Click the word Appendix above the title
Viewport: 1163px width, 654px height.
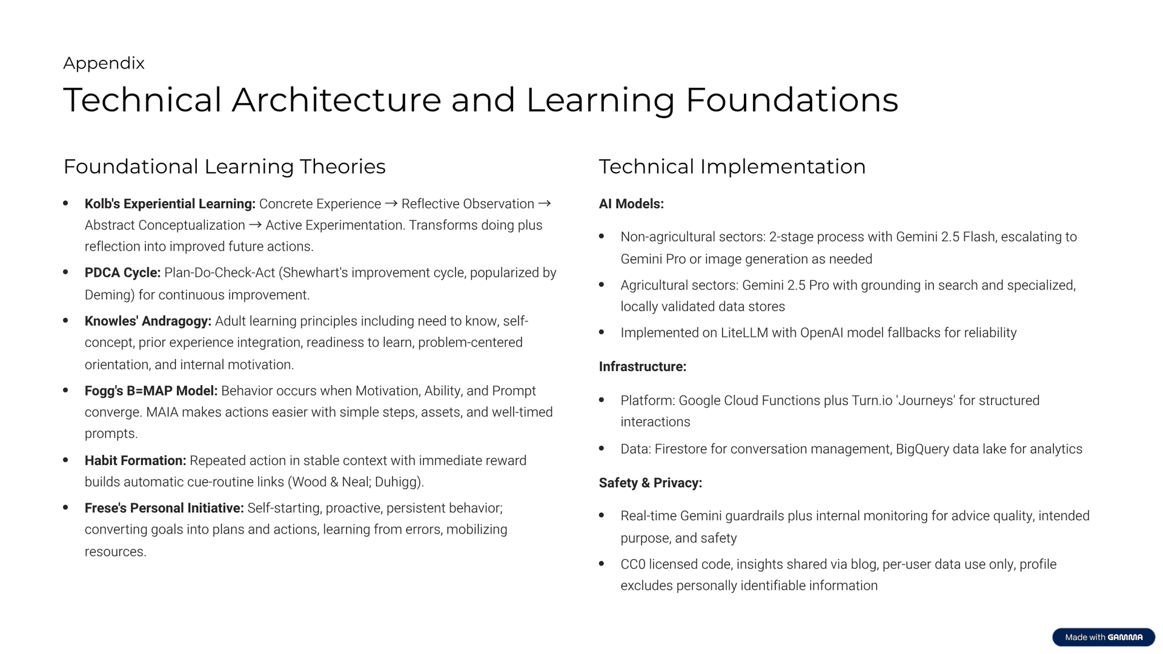pos(104,64)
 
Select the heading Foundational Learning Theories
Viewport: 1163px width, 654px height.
pos(224,167)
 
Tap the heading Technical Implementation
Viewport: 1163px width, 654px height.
pos(732,167)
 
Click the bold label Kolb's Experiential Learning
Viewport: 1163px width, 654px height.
pos(170,204)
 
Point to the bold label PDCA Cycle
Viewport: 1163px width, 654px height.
pos(122,273)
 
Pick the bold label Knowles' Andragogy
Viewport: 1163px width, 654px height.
pos(148,321)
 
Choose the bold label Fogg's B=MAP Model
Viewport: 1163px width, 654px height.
pos(151,391)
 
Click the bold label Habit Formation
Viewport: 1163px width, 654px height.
pos(135,461)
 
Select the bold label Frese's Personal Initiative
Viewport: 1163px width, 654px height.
pos(164,508)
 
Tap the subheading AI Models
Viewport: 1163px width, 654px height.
pos(631,204)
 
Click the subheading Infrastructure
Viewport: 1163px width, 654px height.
pos(643,367)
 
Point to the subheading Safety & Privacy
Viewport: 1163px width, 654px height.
pos(651,483)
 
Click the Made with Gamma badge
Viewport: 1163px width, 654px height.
pos(1104,637)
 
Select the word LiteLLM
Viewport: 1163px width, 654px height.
pos(744,333)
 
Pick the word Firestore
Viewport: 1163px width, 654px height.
pos(681,449)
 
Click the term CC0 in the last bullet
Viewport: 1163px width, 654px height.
pos(633,564)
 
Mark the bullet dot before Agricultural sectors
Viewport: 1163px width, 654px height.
pos(601,285)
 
